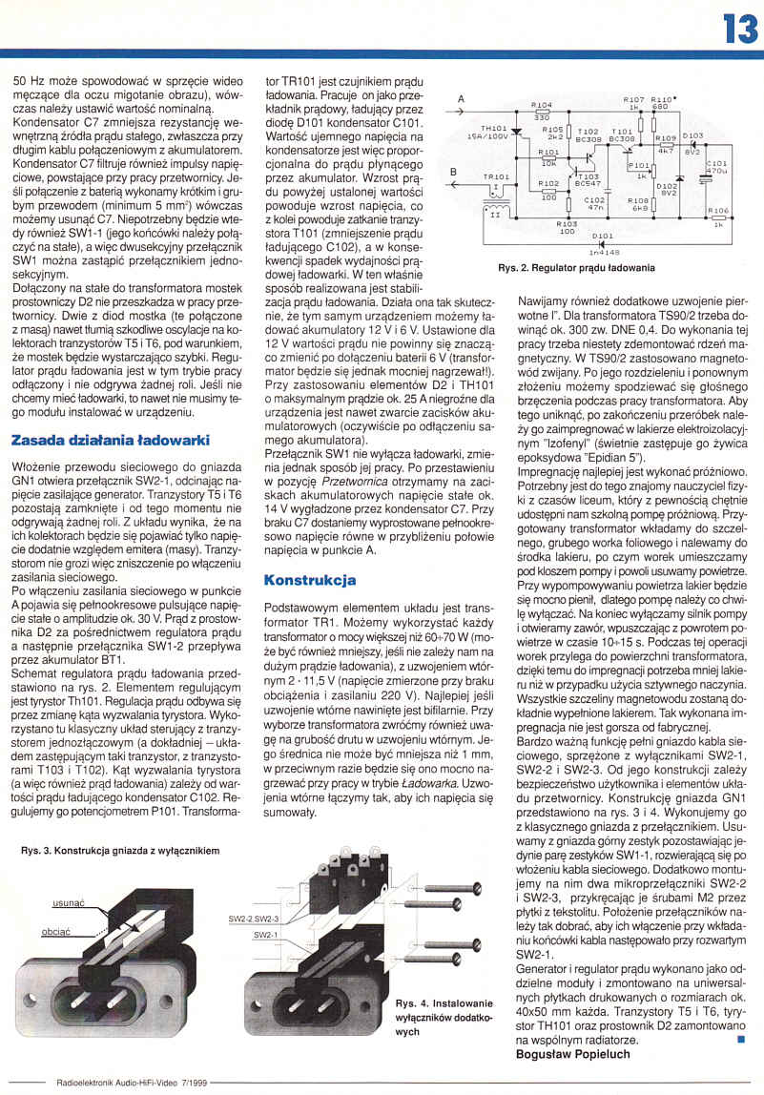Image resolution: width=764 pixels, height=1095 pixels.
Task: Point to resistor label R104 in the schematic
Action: (541, 105)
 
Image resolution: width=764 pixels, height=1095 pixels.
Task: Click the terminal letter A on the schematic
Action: (461, 99)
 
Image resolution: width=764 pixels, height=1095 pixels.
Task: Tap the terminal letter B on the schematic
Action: (454, 172)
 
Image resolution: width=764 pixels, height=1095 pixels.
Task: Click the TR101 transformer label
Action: (497, 177)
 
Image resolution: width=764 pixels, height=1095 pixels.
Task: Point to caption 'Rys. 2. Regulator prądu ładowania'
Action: (576, 268)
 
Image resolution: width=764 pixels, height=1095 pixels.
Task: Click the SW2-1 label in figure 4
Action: (267, 936)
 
